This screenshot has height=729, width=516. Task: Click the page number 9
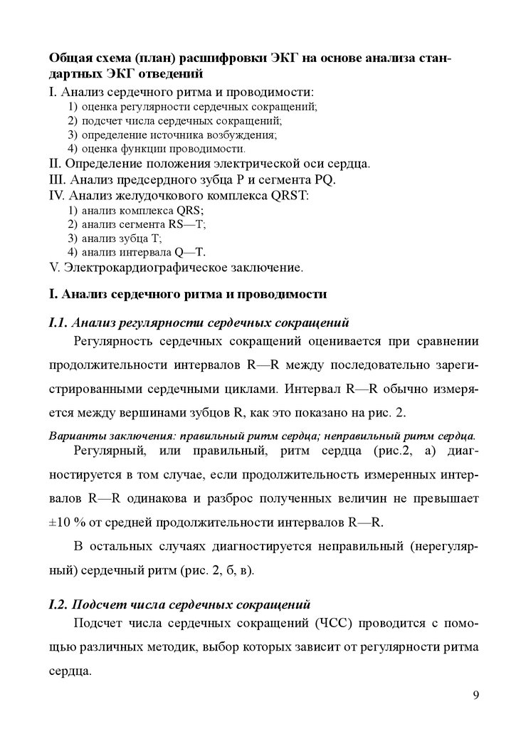click(475, 695)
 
